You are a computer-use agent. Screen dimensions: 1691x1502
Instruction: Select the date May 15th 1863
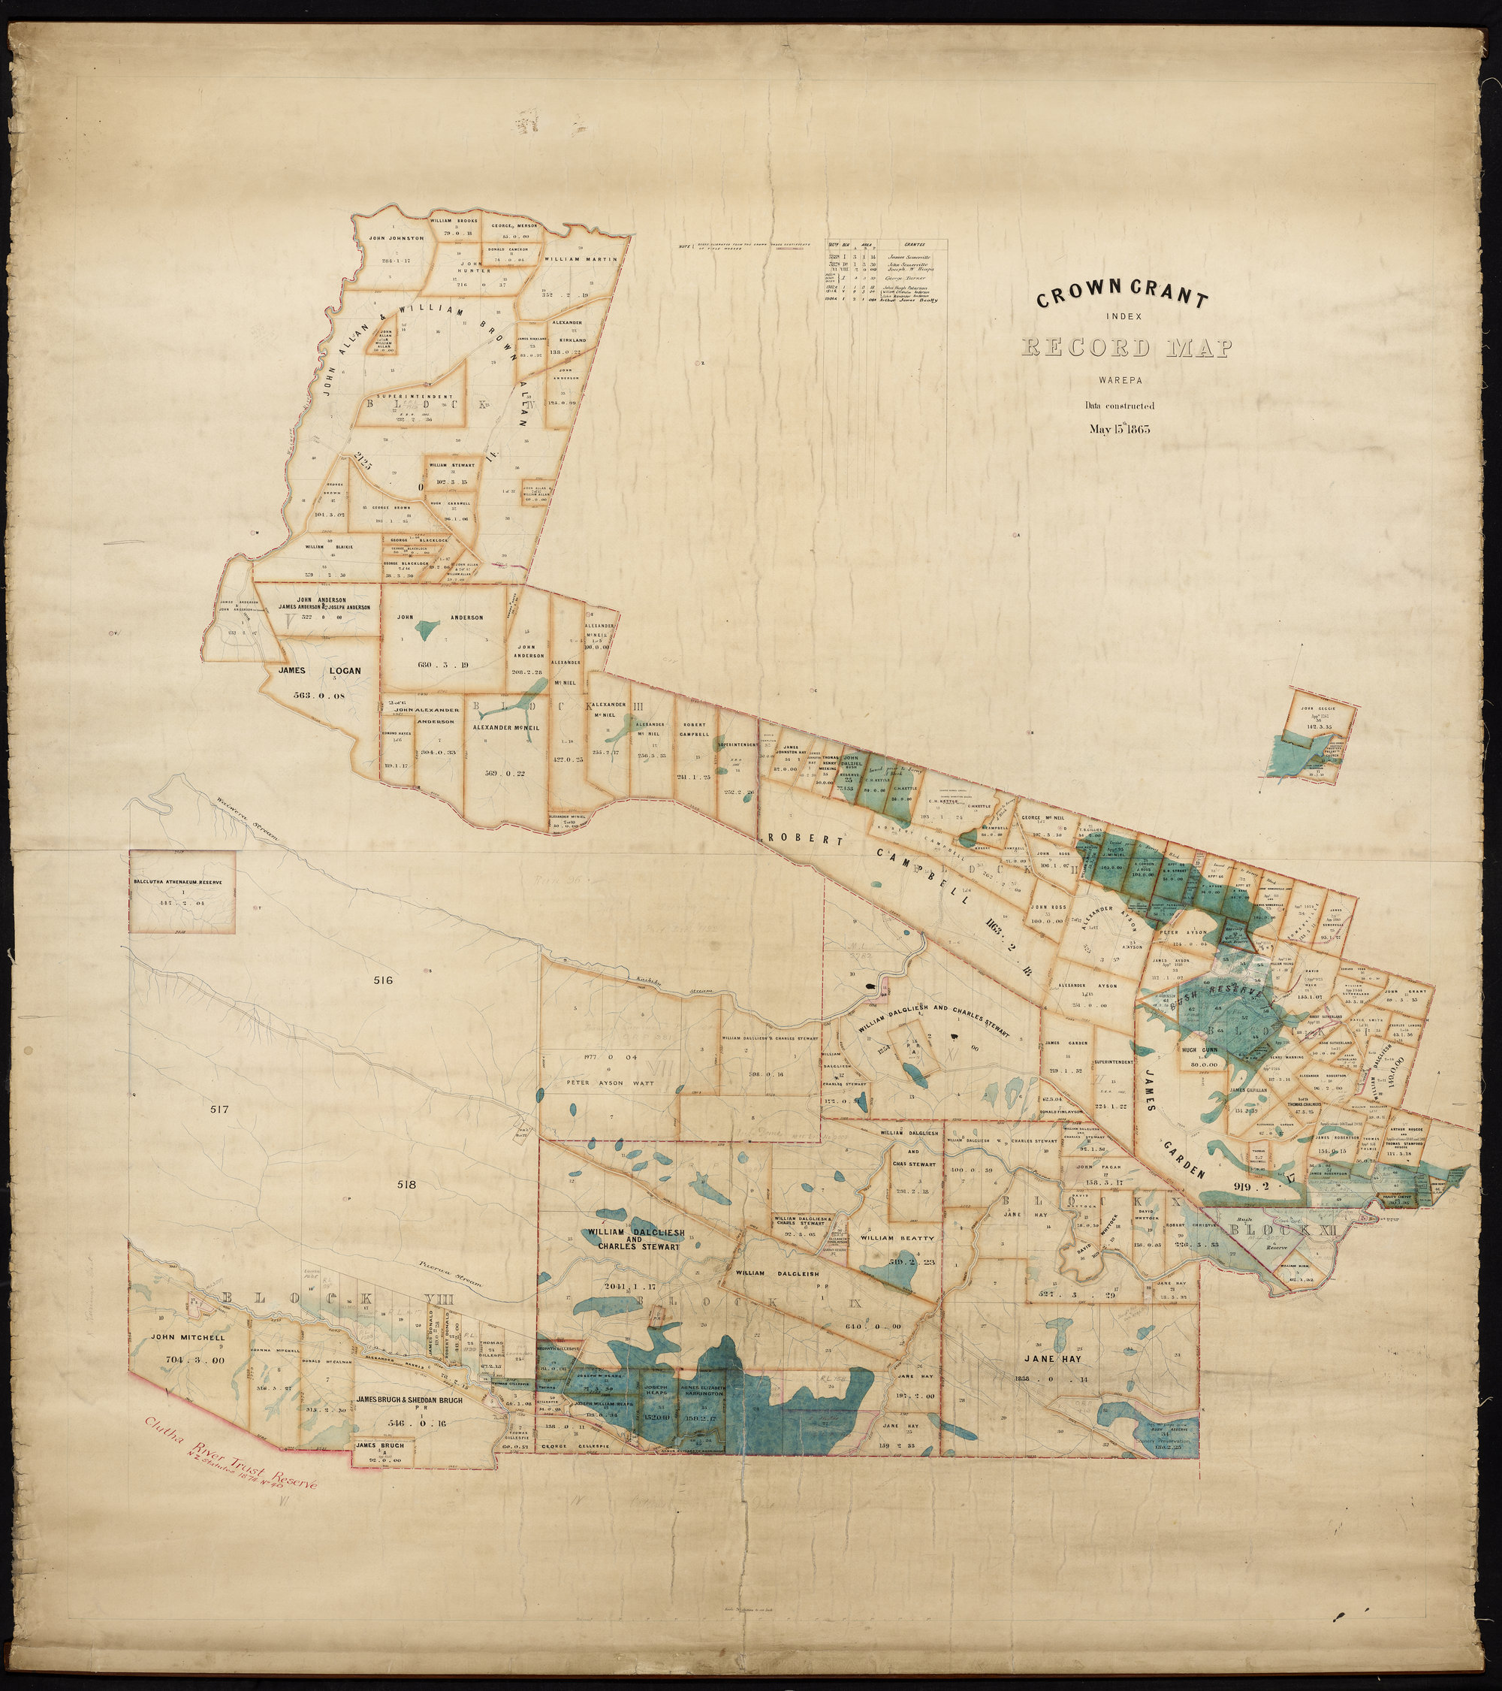coord(1120,428)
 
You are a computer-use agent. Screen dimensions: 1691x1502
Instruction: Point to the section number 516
coord(382,980)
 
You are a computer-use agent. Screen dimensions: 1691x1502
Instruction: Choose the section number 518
coord(406,1184)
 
